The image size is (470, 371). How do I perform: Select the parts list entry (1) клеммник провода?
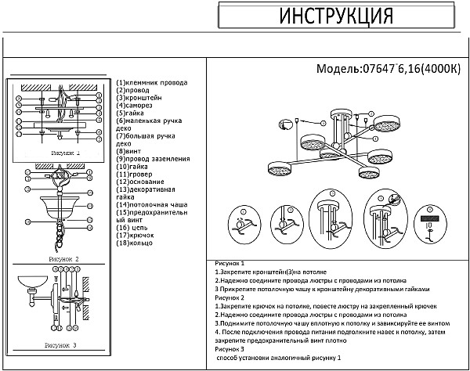tap(152, 82)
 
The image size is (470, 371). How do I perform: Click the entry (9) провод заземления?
tap(153, 159)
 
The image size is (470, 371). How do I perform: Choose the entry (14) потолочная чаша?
tap(151, 204)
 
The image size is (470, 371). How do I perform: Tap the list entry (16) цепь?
tap(132, 227)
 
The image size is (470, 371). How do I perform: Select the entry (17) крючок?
tap(135, 235)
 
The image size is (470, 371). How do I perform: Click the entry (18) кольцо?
tap(136, 243)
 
